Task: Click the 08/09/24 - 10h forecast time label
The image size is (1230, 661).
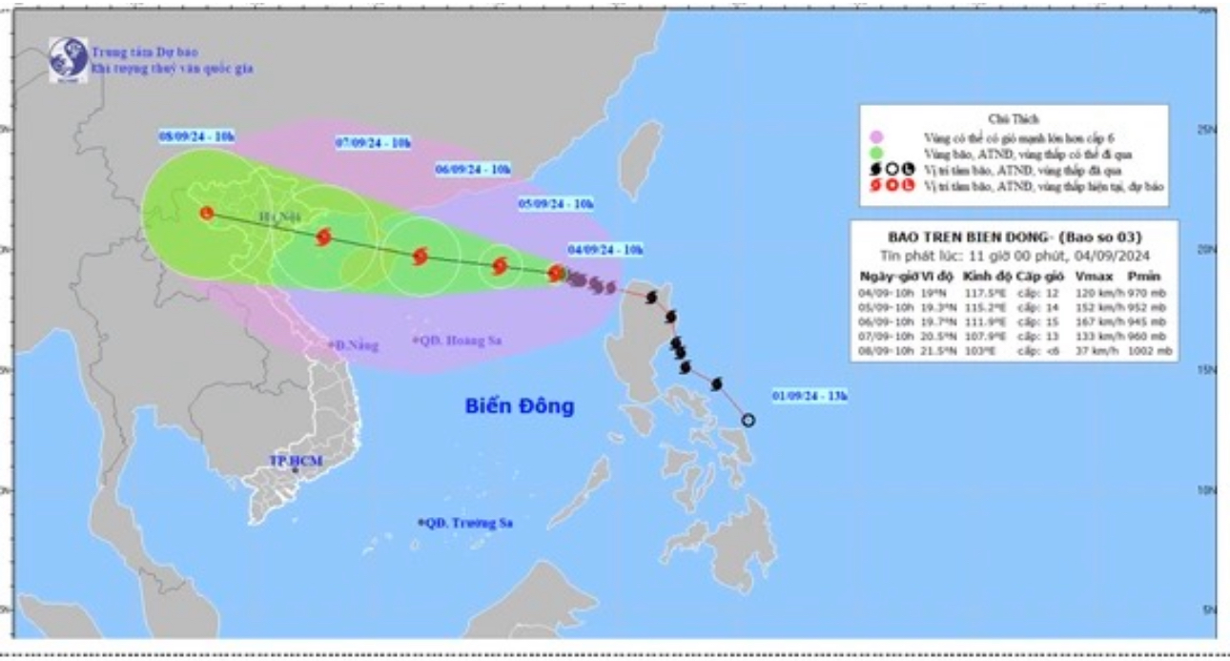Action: (196, 137)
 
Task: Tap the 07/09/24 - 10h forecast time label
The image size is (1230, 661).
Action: (374, 143)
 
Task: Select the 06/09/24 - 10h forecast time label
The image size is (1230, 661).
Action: (473, 169)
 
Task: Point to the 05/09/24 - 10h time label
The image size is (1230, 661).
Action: (556, 203)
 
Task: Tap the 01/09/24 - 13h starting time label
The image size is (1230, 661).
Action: (810, 395)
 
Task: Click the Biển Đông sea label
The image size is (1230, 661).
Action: (520, 406)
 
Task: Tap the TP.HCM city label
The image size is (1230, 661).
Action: (296, 462)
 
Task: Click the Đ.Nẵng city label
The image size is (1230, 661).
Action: (347, 344)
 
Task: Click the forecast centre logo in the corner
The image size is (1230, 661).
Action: (68, 59)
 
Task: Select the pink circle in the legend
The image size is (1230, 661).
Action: (876, 137)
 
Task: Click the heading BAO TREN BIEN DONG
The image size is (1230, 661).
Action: (1014, 238)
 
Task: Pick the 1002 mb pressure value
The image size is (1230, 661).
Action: (1152, 352)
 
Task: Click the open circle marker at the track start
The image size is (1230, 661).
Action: (748, 420)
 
